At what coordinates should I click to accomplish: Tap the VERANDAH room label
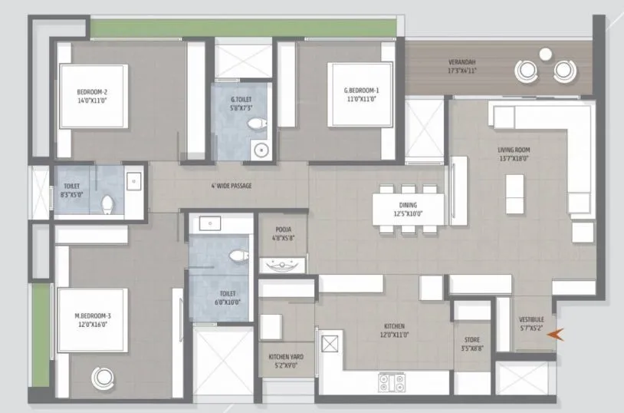click(x=462, y=62)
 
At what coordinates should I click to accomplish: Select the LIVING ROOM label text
click(x=514, y=150)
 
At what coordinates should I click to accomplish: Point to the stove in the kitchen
click(x=392, y=382)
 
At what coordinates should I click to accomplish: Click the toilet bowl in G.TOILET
click(x=257, y=124)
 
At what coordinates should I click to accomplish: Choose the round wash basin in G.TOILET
click(x=261, y=150)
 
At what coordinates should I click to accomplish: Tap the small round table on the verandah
click(x=545, y=54)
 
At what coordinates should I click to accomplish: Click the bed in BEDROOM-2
click(x=94, y=96)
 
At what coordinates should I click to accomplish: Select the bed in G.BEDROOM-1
click(x=360, y=94)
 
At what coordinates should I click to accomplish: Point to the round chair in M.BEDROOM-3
click(x=103, y=378)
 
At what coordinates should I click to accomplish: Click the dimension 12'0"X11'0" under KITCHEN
click(x=394, y=335)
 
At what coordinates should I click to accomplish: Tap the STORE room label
click(x=472, y=339)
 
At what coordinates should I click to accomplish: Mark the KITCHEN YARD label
click(x=286, y=357)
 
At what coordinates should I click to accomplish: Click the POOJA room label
click(x=284, y=230)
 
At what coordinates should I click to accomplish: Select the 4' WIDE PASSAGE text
click(x=232, y=186)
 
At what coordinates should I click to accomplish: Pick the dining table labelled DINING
click(x=408, y=210)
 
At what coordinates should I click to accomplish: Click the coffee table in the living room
click(x=514, y=194)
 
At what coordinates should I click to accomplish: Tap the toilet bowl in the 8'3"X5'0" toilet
click(x=107, y=204)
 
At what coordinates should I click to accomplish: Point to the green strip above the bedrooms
click(x=244, y=28)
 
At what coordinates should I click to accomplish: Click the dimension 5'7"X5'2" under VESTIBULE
click(x=531, y=329)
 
